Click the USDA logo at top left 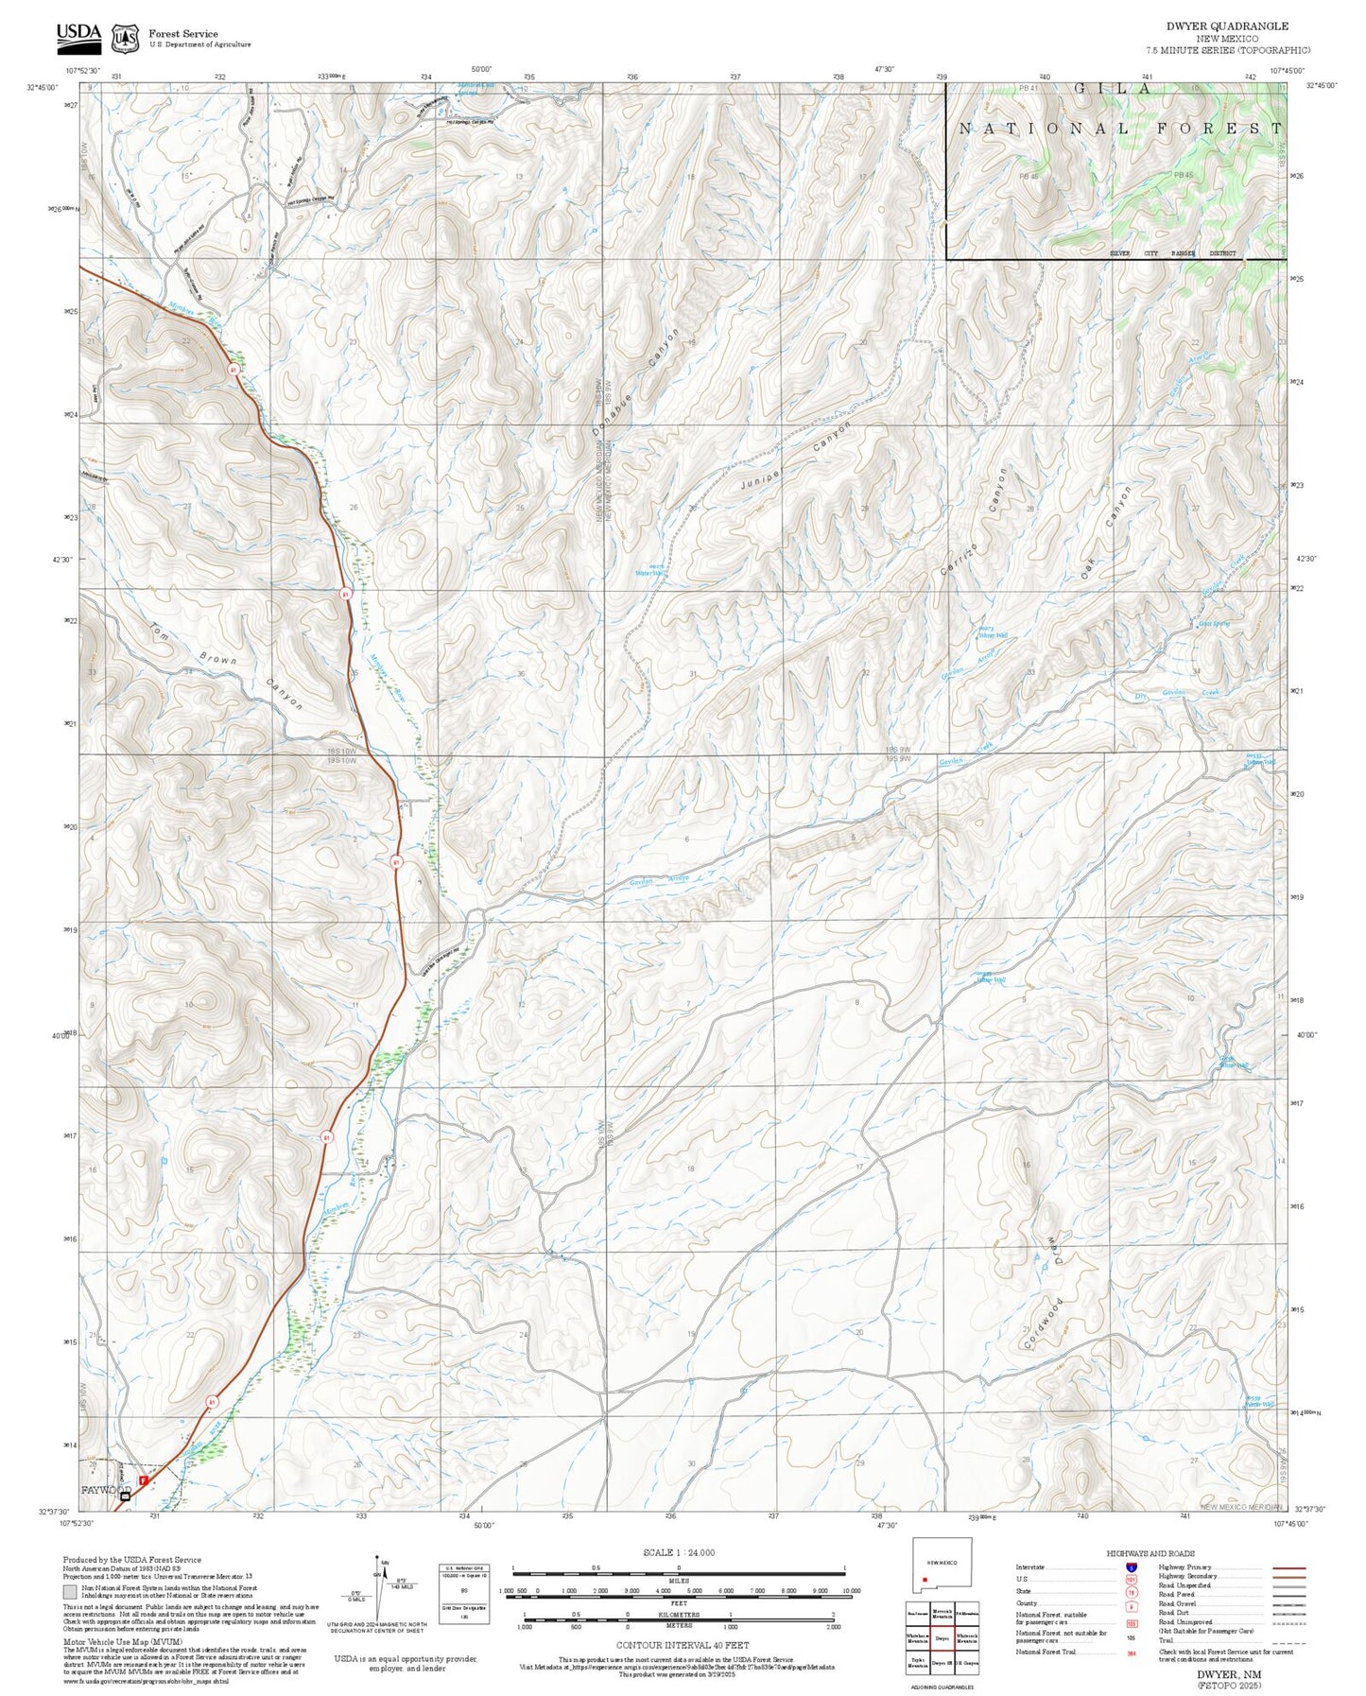pos(78,36)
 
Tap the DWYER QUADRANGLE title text pos(1227,26)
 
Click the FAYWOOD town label pos(104,1490)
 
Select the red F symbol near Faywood pos(144,1480)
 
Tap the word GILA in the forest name pos(1113,90)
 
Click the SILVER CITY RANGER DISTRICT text pos(1172,253)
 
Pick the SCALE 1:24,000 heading pos(678,1552)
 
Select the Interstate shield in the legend pos(1132,1567)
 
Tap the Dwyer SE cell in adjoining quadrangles pos(941,1662)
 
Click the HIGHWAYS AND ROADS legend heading pos(1150,1553)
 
